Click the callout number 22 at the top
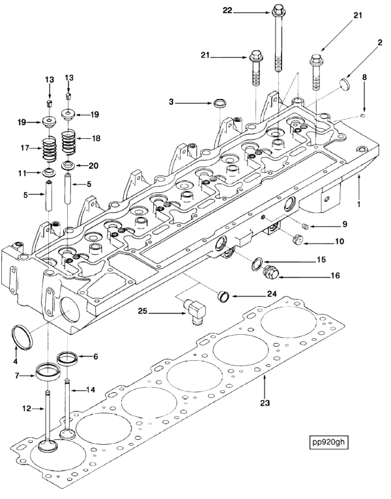227,11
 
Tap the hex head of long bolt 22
278,10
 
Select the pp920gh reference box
328,442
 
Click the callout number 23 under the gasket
265,403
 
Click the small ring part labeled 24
223,296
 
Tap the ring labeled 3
220,103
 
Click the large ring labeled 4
22,337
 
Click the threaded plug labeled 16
270,272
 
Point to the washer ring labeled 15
257,264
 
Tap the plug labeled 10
297,239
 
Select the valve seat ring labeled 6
68,358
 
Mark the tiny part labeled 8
363,116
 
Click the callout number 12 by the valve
27,408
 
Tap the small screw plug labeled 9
305,226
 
